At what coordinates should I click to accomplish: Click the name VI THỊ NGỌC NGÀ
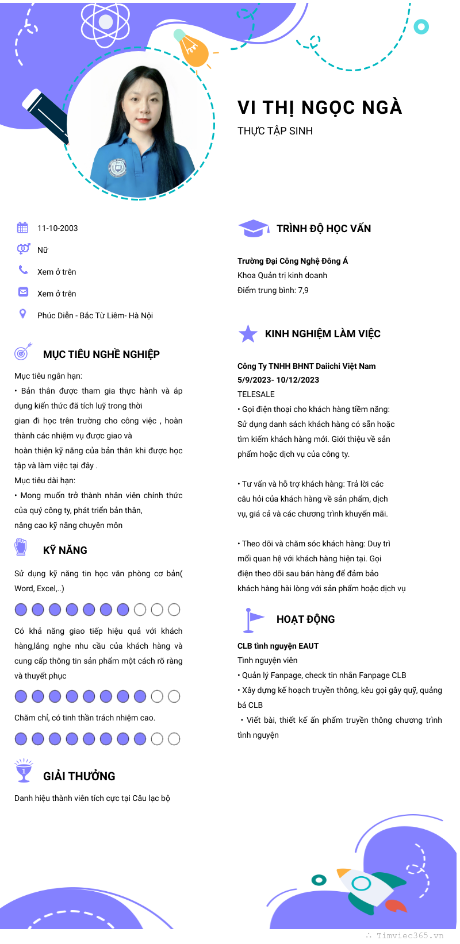click(x=320, y=107)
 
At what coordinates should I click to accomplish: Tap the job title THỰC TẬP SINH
click(x=275, y=131)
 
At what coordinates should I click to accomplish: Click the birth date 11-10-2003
click(x=57, y=228)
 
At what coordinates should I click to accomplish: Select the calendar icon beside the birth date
click(x=22, y=228)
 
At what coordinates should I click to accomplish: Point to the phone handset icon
click(x=23, y=269)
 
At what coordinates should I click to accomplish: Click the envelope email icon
click(x=23, y=292)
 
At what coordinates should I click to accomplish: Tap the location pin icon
click(x=22, y=314)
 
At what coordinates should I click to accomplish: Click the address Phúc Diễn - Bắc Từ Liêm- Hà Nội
click(x=95, y=315)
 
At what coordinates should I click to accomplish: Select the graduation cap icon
click(x=253, y=228)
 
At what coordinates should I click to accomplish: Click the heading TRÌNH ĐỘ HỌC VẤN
click(x=324, y=229)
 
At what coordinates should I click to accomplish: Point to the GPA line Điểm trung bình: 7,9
click(x=273, y=290)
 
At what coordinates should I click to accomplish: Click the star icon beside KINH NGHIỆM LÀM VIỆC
click(x=248, y=333)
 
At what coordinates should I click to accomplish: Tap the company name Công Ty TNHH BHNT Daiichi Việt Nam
click(x=306, y=366)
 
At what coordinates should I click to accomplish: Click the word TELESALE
click(x=256, y=394)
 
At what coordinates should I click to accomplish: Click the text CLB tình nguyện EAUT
click(x=278, y=646)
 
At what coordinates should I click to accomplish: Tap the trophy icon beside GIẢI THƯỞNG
click(x=24, y=771)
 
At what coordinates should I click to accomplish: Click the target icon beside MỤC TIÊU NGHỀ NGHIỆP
click(x=23, y=351)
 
